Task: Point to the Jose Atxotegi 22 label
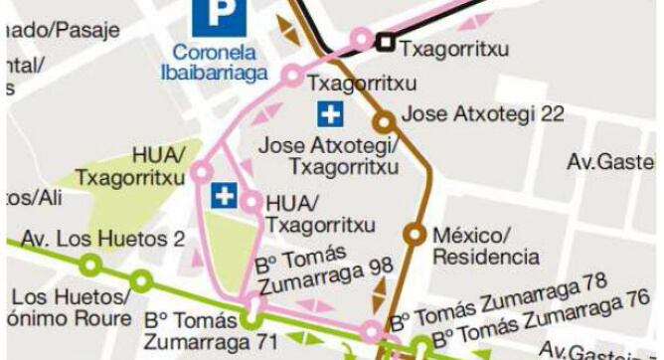481,113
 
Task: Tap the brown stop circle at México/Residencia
415,235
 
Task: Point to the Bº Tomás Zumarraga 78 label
497,302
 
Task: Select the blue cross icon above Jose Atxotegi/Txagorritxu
329,114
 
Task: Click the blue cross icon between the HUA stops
225,196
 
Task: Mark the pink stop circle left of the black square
361,40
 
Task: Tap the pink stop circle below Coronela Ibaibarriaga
292,75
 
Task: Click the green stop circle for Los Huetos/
141,280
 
